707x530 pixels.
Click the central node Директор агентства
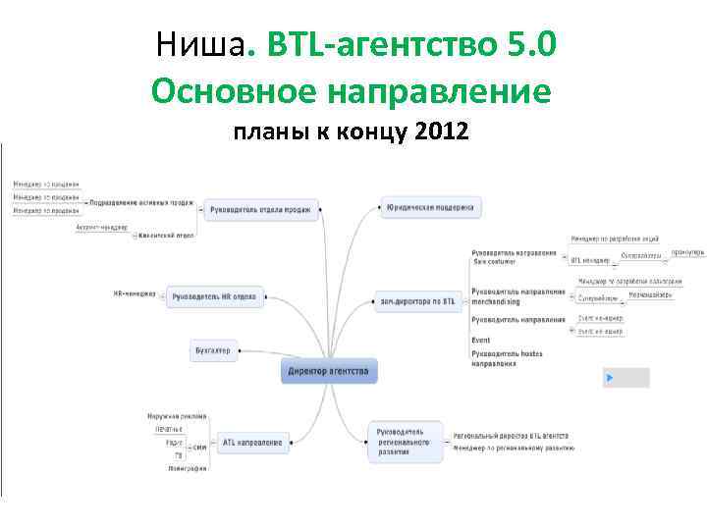click(x=328, y=372)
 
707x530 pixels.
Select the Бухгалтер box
click(x=213, y=350)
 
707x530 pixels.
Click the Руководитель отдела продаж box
click(x=262, y=209)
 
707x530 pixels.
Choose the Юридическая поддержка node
click(x=429, y=208)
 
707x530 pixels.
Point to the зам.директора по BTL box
click(x=417, y=301)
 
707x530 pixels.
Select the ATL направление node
click(x=251, y=443)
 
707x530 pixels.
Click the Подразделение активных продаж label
click(x=141, y=204)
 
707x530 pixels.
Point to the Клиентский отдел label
click(x=166, y=236)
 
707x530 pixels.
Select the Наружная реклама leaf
click(x=177, y=416)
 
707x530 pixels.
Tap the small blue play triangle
click(x=609, y=377)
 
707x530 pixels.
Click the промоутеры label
click(x=687, y=252)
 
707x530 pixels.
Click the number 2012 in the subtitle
click(x=442, y=132)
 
